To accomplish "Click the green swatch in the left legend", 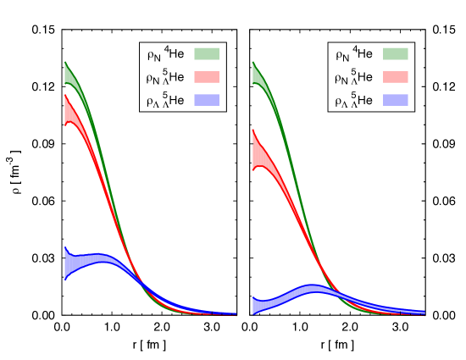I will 208,53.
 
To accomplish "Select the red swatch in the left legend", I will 208,77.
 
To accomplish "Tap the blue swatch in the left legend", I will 208,100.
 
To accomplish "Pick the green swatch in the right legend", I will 396,53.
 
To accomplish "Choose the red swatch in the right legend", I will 396,77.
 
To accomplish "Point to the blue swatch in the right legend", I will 396,100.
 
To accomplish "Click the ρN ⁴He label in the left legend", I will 166,55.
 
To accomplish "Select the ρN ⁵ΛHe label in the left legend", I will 166,78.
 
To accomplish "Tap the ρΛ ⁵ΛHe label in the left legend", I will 166,102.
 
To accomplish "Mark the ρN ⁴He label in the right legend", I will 354,55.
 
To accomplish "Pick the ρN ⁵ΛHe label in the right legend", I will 354,78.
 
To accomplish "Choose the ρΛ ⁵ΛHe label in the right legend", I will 354,102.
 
